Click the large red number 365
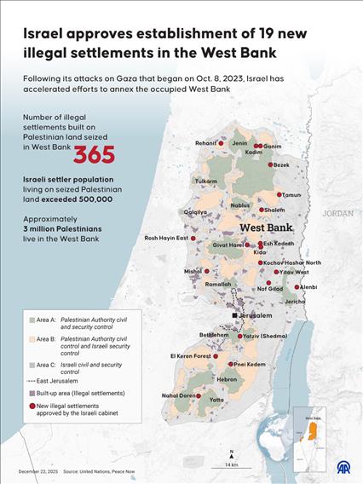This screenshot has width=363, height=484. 94,154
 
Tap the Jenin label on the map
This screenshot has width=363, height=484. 239,143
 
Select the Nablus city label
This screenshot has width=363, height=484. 240,205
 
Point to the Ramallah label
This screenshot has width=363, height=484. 218,285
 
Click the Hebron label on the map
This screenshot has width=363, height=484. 227,378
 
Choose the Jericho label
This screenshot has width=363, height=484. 295,302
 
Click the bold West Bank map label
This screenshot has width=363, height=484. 266,228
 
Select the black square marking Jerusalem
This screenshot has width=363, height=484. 236,315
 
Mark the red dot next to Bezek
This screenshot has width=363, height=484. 270,164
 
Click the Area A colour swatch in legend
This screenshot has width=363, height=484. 31,320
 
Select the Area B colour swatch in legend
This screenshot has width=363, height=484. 31,338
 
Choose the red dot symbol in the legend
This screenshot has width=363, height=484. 31,407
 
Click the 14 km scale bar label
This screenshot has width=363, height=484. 231,464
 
